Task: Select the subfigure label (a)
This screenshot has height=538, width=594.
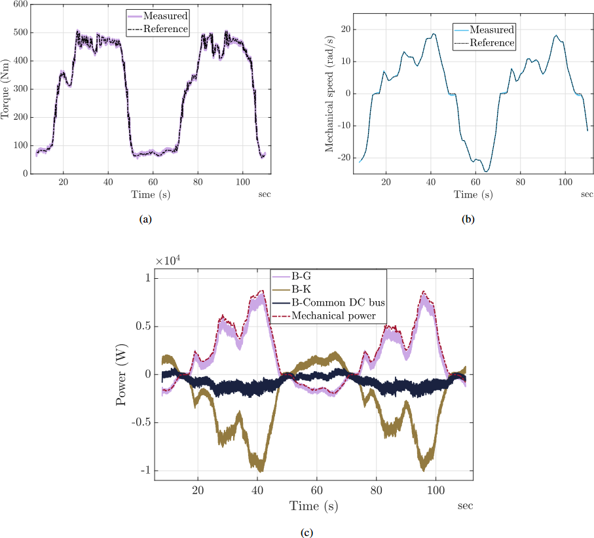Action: pos(145,220)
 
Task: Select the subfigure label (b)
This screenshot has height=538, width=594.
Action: pos(468,220)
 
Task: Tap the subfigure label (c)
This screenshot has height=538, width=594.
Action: pos(306,532)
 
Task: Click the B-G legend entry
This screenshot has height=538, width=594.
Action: pos(303,278)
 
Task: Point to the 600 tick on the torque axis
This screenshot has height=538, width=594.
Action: pos(20,5)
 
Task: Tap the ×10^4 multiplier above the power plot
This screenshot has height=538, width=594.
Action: pos(168,260)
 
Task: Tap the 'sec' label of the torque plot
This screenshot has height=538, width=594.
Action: pos(264,194)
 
